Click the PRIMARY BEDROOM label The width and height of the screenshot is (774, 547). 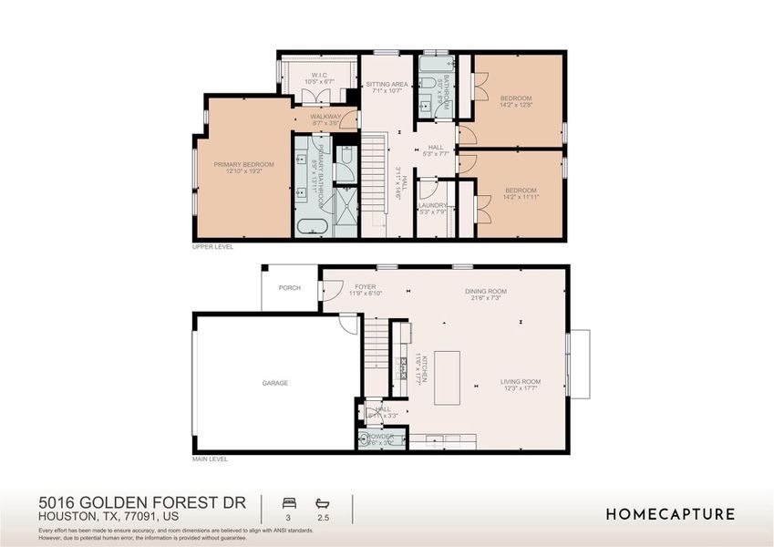(x=243, y=165)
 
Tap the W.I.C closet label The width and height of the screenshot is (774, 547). (x=319, y=76)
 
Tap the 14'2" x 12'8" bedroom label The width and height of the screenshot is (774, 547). (x=516, y=98)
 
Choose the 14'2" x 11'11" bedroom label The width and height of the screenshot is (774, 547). (x=517, y=193)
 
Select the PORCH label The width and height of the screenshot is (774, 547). (x=290, y=288)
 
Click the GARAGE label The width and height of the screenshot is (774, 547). (x=275, y=383)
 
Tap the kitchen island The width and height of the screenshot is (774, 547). (x=447, y=377)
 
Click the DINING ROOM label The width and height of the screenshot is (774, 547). (x=488, y=292)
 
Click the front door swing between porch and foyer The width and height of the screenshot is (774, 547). (x=326, y=292)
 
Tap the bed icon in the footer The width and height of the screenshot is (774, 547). (x=290, y=502)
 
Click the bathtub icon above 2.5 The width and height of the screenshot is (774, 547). (x=322, y=502)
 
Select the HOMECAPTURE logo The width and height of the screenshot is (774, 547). (x=670, y=514)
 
